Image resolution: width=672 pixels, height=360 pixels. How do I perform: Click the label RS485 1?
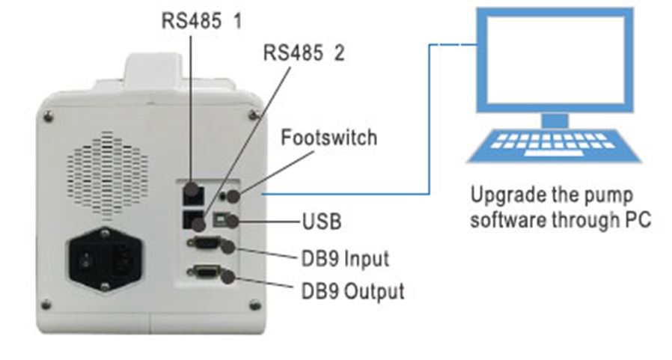click(x=202, y=20)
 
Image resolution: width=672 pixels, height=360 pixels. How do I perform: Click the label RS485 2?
click(x=304, y=54)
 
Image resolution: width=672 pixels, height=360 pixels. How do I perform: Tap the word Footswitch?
click(x=329, y=138)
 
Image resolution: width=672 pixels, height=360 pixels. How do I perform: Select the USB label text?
click(x=322, y=222)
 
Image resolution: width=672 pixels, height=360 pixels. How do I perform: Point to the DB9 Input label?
click(x=345, y=259)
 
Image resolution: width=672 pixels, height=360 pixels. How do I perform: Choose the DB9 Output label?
click(x=352, y=290)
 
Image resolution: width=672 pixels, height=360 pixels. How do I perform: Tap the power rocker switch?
click(x=87, y=262)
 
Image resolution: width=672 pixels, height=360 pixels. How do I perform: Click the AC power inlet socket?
click(x=123, y=262)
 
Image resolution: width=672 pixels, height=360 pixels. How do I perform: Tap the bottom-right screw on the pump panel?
click(x=254, y=305)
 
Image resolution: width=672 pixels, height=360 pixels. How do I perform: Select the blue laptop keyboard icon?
click(x=555, y=144)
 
